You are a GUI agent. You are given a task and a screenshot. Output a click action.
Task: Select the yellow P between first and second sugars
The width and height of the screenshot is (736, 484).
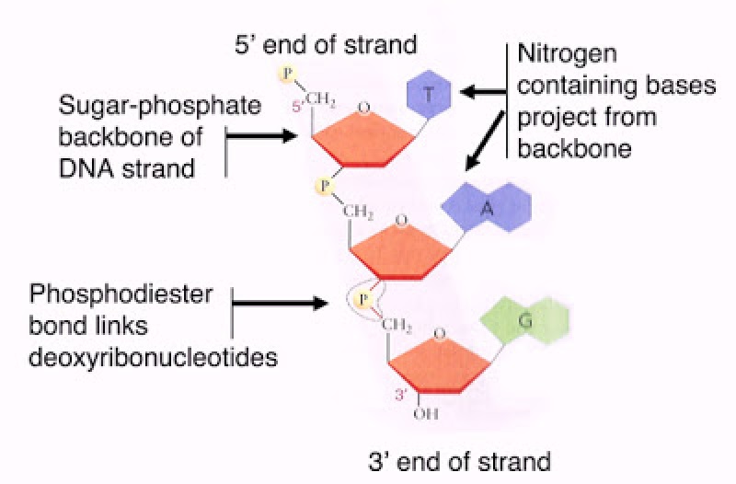click(323, 186)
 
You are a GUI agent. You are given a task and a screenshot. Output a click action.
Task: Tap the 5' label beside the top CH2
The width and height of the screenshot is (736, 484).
click(297, 107)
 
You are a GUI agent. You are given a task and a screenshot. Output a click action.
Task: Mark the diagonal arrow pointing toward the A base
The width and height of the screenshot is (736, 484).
click(486, 143)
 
